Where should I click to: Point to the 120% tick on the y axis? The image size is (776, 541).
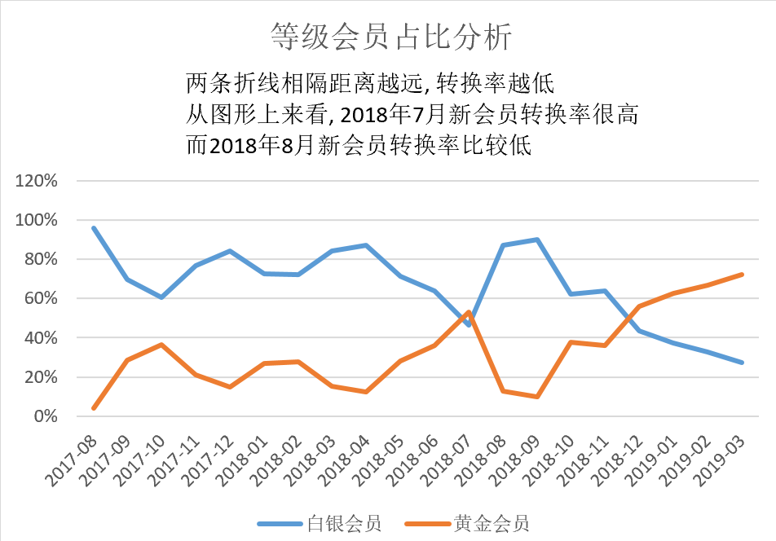(37, 181)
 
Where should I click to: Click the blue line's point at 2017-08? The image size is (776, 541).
(95, 228)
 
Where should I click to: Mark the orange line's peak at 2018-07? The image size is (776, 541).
(468, 312)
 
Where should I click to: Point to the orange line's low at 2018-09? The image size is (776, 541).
(536, 397)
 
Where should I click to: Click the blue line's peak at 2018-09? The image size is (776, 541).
(536, 240)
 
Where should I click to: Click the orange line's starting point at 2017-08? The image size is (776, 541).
(95, 408)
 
